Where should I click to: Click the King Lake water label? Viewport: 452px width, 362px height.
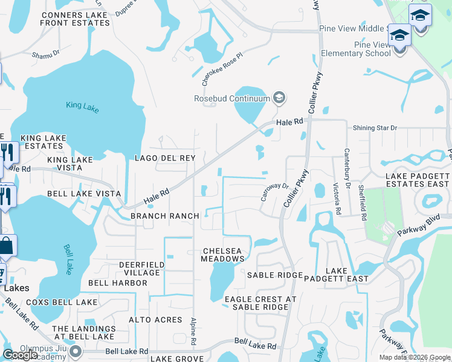tap(82, 106)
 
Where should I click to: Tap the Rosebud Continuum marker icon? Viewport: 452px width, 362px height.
tap(279, 97)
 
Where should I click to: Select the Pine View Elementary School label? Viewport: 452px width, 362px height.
tap(364, 49)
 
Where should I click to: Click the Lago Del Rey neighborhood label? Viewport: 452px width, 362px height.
tap(164, 158)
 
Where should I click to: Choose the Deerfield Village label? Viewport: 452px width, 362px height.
tap(140, 268)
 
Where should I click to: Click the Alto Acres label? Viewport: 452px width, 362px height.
tap(155, 320)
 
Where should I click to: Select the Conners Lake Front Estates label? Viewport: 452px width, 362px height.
tap(75, 19)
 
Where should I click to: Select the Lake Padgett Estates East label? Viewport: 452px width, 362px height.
tap(418, 179)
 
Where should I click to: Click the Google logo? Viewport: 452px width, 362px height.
tap(20, 355)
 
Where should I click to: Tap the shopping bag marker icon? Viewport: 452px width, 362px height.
tap(7, 246)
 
